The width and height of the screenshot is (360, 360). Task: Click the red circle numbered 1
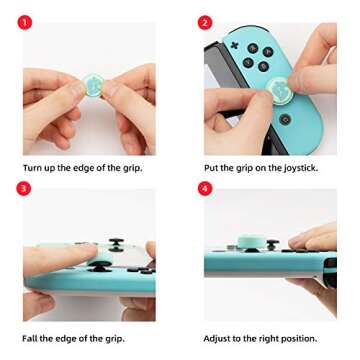click(x=24, y=22)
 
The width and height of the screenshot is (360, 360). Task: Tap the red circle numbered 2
click(x=205, y=22)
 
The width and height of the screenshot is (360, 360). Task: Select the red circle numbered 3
click(x=24, y=188)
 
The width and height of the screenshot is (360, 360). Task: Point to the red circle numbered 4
click(x=205, y=188)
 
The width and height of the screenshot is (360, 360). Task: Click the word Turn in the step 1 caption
click(x=33, y=168)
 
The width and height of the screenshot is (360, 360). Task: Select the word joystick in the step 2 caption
click(x=296, y=168)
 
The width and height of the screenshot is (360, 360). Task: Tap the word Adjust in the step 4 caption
click(x=219, y=338)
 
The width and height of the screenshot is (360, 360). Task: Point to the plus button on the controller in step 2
click(x=234, y=44)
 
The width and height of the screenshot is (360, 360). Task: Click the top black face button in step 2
click(x=253, y=47)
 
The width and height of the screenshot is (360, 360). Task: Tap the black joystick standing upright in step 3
click(x=116, y=243)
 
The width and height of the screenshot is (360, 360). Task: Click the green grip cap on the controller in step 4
click(x=252, y=242)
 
